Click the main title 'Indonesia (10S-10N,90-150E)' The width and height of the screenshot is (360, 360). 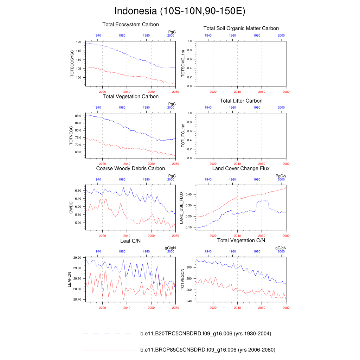[x=180, y=11]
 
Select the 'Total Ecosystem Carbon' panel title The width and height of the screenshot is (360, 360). [x=130, y=25]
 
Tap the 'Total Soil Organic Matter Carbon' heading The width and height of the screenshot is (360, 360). [x=241, y=28]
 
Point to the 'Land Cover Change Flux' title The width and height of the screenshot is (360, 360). [x=241, y=169]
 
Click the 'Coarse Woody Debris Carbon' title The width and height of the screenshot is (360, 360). [x=130, y=169]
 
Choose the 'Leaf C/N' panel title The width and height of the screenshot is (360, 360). [x=130, y=240]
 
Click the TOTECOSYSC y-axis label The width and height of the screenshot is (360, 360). [x=72, y=64]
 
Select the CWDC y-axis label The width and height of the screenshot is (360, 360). [x=71, y=207]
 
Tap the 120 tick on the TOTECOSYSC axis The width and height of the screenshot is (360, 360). [x=78, y=42]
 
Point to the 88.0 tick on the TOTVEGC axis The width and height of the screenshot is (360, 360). [x=78, y=116]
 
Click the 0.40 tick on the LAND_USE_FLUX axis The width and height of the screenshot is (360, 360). [x=188, y=194]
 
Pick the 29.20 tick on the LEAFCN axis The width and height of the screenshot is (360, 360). [x=77, y=258]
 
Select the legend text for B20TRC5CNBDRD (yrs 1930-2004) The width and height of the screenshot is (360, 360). [x=205, y=334]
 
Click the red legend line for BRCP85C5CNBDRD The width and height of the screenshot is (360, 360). [x=109, y=350]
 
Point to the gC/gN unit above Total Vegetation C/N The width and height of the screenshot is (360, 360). [x=281, y=248]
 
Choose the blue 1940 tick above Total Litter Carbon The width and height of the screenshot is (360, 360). [x=208, y=108]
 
